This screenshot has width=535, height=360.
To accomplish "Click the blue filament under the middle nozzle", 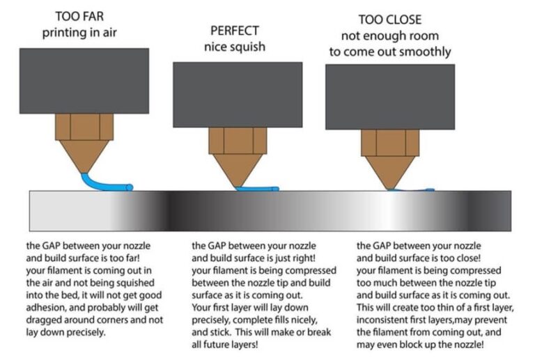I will (x=258, y=188).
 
